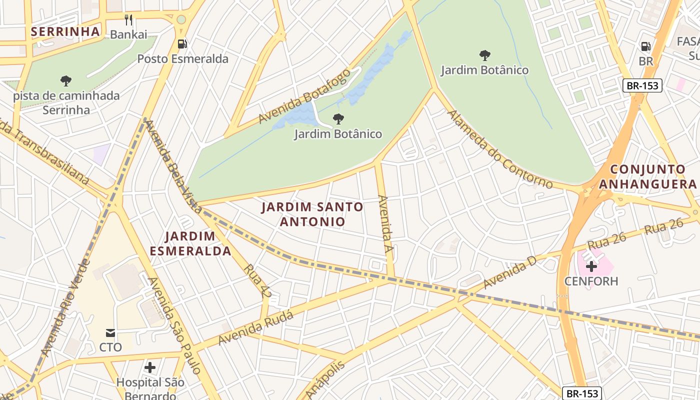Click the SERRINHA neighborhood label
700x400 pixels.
point(65,31)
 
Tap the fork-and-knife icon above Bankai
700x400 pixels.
point(128,20)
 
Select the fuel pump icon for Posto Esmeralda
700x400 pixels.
point(182,44)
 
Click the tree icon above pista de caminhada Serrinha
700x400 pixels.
point(65,80)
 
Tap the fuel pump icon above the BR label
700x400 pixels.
point(646,46)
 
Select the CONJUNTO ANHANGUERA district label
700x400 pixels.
point(647,177)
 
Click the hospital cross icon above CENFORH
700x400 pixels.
point(591,266)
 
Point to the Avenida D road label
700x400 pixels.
point(510,272)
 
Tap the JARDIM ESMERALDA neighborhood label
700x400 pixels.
point(190,243)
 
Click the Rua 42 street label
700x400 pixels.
point(257,281)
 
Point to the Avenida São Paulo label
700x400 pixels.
point(174,325)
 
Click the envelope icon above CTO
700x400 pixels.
point(110,333)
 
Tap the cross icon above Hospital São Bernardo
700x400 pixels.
point(150,368)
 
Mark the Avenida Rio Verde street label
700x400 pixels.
point(65,307)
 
